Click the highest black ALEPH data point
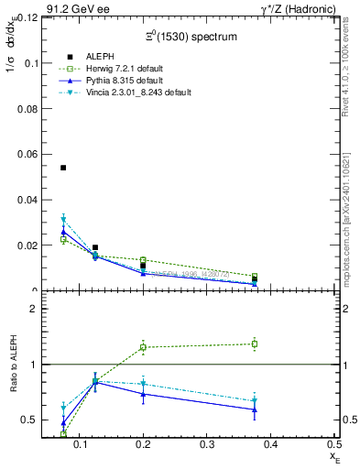[63, 168]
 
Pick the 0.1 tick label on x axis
[111, 443]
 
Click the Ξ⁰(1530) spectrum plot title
[191, 37]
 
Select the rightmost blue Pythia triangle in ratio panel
[255, 409]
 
